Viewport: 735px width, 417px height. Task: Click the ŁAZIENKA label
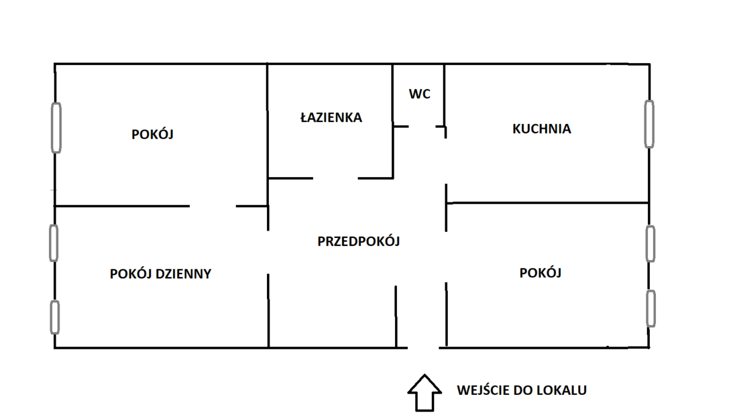coord(331,117)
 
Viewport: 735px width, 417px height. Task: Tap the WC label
coord(420,94)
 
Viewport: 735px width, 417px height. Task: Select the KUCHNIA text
coord(541,129)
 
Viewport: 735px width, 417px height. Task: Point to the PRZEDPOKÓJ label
coord(358,242)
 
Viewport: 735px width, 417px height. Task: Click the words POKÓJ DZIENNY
coord(160,274)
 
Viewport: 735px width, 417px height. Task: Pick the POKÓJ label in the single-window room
coord(153,134)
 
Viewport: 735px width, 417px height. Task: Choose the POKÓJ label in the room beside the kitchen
coord(540,273)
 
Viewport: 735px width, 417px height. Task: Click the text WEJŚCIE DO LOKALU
coord(521,390)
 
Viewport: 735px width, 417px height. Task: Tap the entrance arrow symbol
coord(424,392)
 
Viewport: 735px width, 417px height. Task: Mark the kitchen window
coord(649,124)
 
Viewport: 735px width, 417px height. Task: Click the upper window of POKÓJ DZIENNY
coord(54,243)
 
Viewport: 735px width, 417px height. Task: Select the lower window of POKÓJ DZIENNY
coord(55,317)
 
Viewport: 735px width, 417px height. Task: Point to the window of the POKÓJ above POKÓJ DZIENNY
coord(56,128)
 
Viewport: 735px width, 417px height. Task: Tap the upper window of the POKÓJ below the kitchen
coord(650,243)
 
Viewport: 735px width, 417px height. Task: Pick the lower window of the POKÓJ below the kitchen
coord(650,308)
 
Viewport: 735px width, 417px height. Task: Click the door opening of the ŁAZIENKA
coord(335,178)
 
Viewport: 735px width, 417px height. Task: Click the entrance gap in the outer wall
coord(423,348)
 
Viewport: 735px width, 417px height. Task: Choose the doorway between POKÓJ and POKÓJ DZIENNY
coord(213,206)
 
